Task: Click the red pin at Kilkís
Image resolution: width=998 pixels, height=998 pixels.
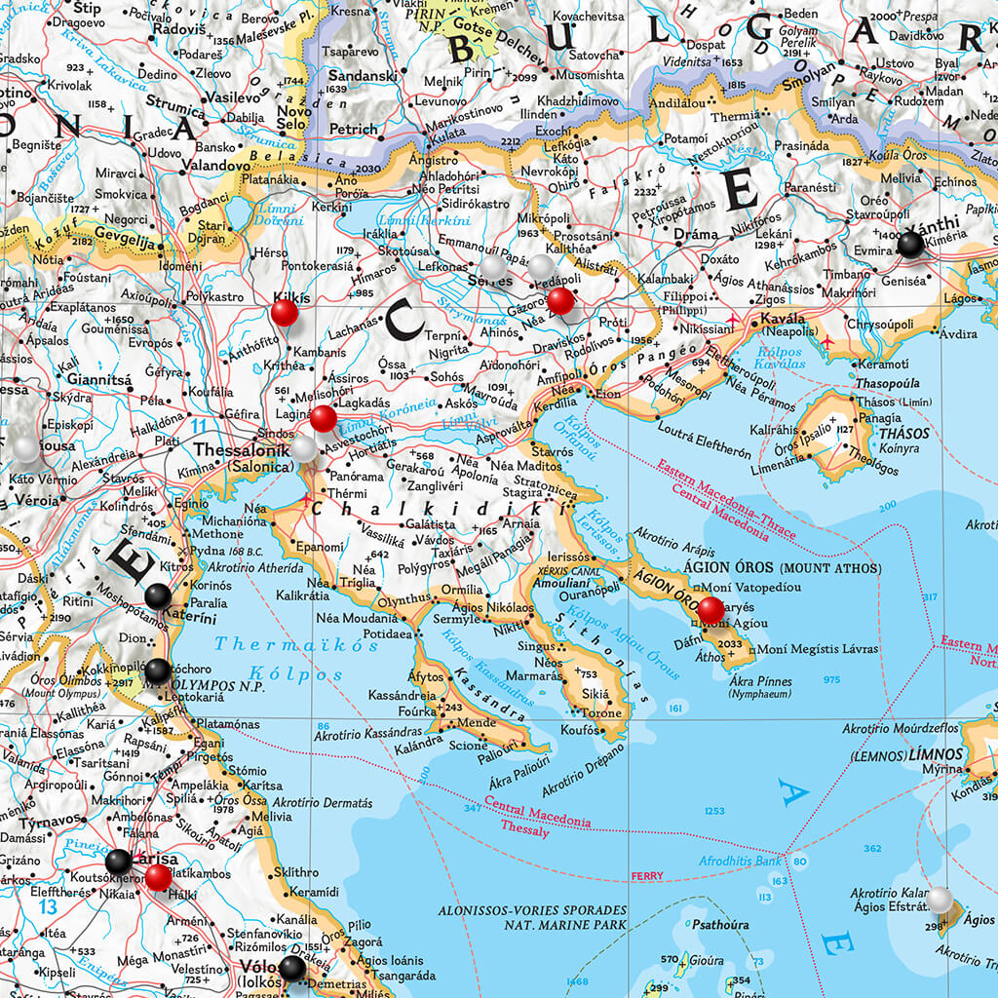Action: (284, 313)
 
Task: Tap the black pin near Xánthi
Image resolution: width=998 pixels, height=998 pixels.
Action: (910, 245)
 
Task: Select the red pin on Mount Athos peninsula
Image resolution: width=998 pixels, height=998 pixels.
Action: (711, 610)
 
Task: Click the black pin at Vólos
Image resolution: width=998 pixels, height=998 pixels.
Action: (291, 968)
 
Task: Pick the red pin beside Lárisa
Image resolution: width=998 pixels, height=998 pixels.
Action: (159, 877)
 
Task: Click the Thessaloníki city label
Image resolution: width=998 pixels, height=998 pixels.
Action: (243, 450)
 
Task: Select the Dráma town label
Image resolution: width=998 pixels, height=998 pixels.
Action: (702, 235)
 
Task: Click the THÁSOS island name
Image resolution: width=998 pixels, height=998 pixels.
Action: (903, 433)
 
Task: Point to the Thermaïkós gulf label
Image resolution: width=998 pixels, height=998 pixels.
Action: (283, 644)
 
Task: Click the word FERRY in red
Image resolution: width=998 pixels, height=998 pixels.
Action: (646, 876)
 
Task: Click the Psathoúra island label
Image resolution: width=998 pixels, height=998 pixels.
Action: (718, 925)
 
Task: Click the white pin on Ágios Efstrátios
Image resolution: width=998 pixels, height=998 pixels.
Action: (940, 900)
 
